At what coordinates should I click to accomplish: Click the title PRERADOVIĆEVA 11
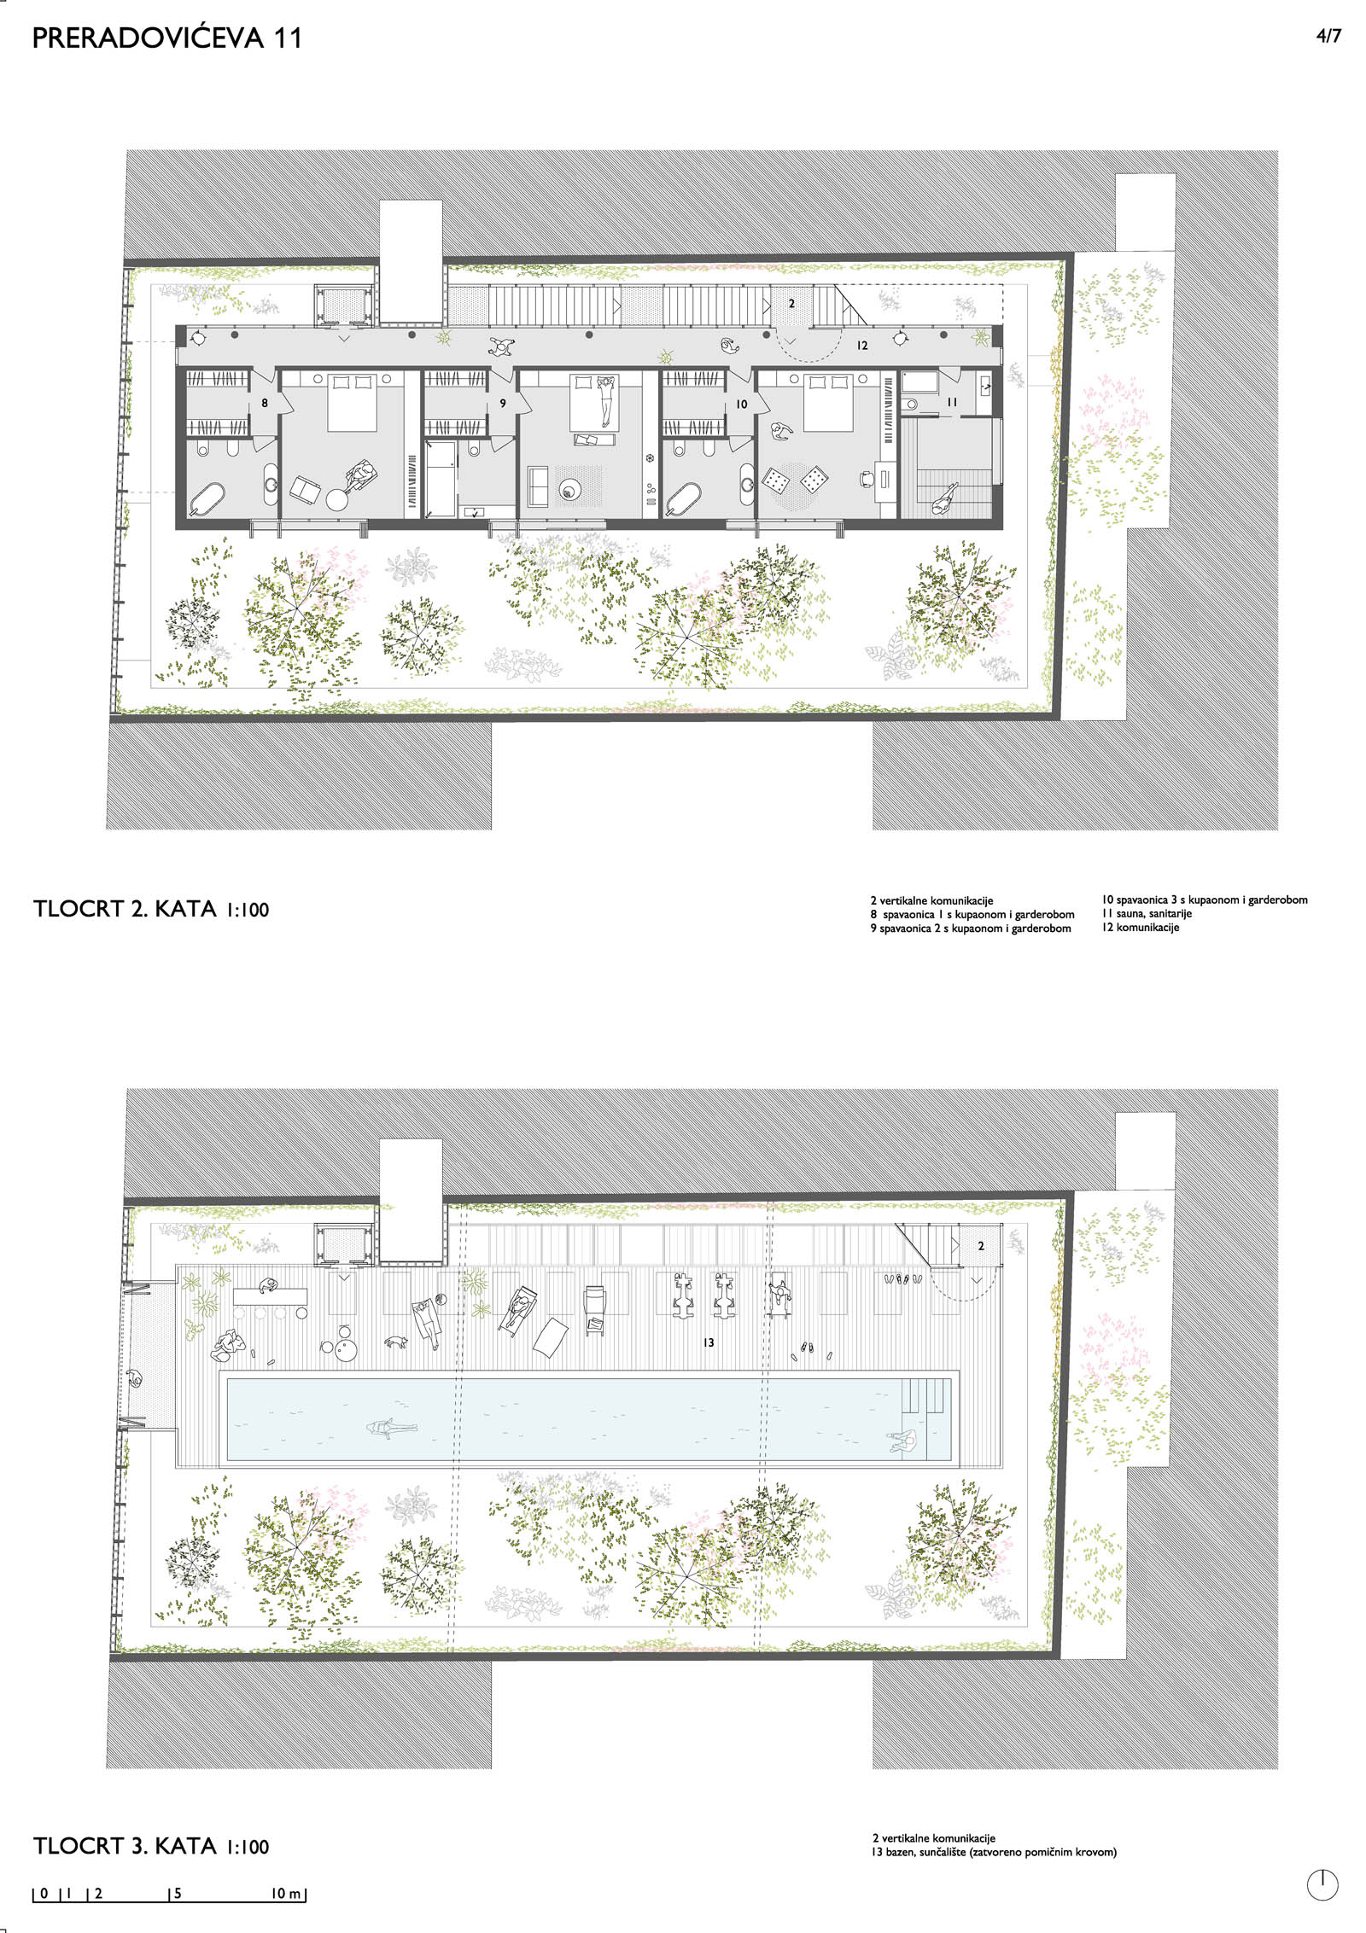point(167,38)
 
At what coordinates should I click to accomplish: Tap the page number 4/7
point(1328,36)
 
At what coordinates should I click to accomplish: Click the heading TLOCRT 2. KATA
point(125,909)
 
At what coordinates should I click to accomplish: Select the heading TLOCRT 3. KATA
point(125,1846)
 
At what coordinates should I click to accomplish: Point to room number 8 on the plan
point(265,403)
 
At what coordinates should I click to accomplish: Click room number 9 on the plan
point(503,403)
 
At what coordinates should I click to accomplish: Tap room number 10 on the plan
point(741,404)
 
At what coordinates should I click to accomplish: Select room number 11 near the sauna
point(952,402)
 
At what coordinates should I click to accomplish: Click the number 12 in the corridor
point(862,346)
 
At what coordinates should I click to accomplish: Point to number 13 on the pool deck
point(708,1342)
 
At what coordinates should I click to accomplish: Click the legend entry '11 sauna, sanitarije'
point(1147,913)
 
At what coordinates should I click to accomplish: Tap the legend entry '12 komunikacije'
point(1141,928)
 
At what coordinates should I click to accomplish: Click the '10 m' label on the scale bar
point(286,1894)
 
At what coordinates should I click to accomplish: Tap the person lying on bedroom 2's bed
point(605,399)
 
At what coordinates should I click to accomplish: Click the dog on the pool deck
point(395,1342)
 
